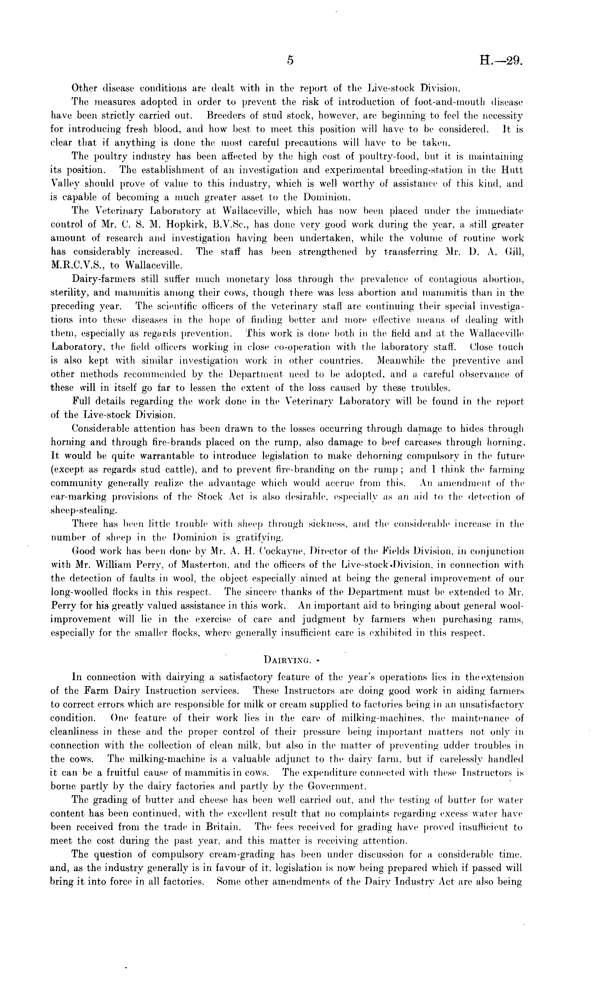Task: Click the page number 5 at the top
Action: point(290,61)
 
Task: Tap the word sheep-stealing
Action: point(83,510)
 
